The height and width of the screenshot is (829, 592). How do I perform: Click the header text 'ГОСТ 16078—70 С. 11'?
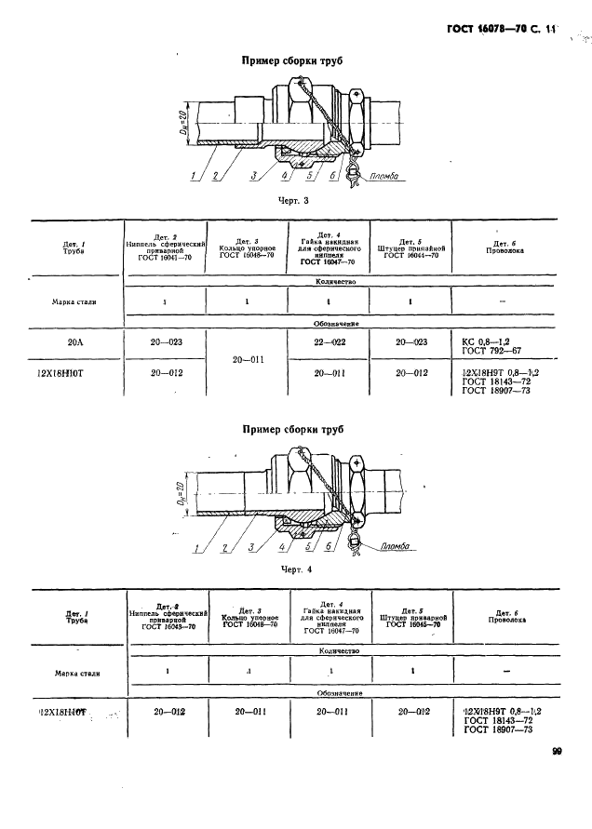[493, 30]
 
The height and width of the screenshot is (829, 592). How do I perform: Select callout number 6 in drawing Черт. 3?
[332, 175]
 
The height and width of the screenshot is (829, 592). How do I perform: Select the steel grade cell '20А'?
[75, 342]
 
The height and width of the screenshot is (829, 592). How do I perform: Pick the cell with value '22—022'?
[330, 342]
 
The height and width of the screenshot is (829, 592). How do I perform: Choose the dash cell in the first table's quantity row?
[504, 302]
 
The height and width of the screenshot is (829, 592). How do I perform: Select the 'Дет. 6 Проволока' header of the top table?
[504, 246]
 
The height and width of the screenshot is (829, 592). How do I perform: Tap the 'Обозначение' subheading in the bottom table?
[338, 693]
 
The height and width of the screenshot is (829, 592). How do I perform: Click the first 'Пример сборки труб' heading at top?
[292, 61]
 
